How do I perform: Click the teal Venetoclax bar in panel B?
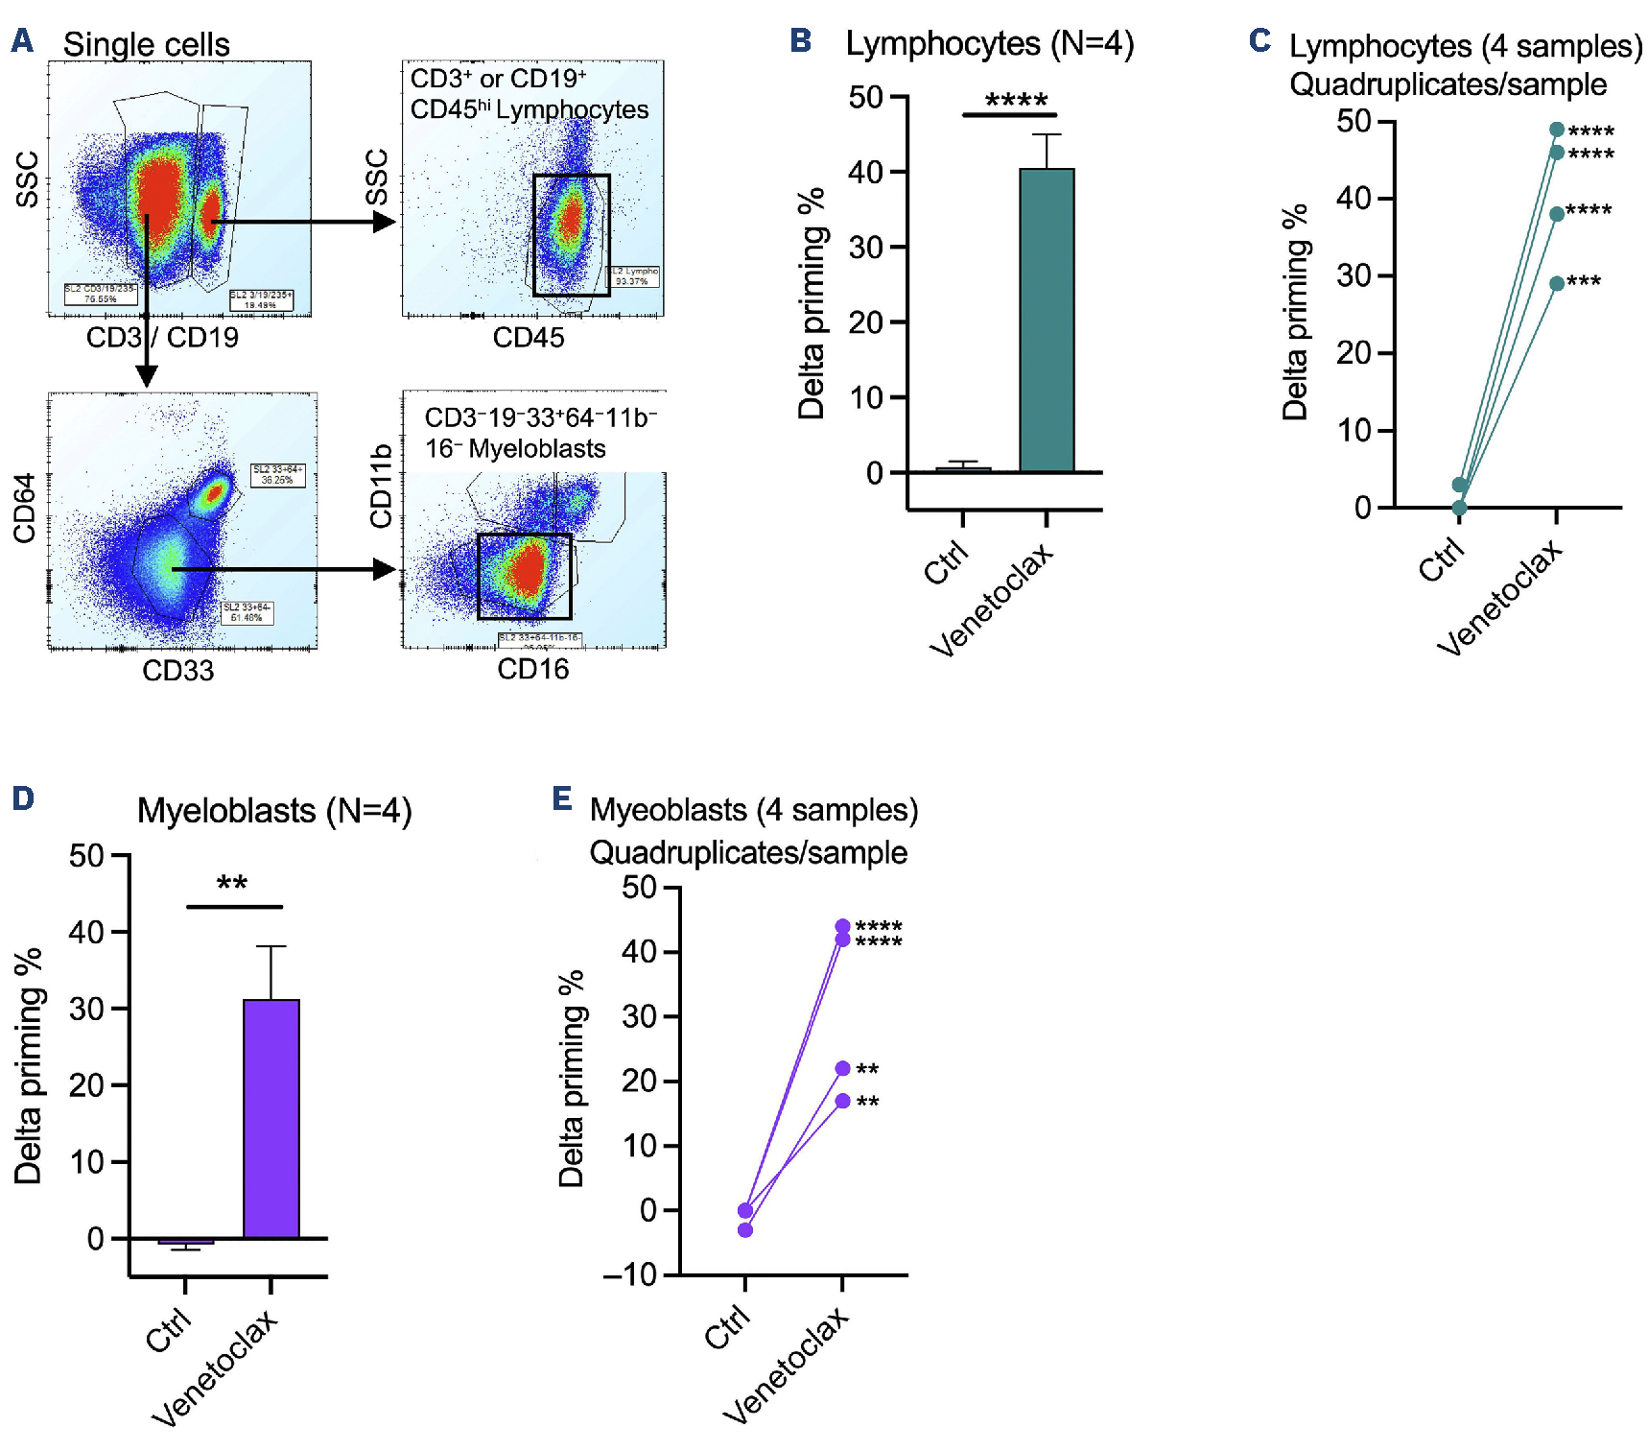point(1047,321)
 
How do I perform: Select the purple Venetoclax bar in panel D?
point(271,1119)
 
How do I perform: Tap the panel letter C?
point(1260,40)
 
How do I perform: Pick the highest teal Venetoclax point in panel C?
point(1557,130)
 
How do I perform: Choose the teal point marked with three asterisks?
point(1557,283)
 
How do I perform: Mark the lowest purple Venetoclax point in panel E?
point(842,1101)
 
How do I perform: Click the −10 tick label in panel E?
point(629,1275)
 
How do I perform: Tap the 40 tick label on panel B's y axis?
point(865,173)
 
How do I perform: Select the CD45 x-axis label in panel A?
point(529,338)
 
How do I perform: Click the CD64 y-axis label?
point(24,508)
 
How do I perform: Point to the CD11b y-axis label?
point(381,486)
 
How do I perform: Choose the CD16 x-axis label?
point(532,669)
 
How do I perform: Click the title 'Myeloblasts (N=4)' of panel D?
point(274,811)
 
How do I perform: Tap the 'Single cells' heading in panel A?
point(147,44)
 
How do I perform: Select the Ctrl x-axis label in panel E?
point(726,1328)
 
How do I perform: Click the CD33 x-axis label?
point(178,670)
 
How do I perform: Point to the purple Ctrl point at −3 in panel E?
point(745,1229)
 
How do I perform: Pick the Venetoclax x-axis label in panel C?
point(1499,597)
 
